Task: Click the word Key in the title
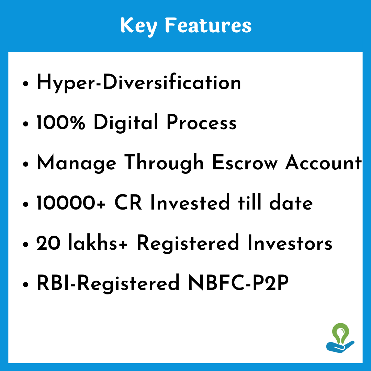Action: (x=139, y=26)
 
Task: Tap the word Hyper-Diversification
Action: (x=139, y=82)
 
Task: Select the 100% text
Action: (x=60, y=122)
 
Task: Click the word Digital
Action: (x=126, y=123)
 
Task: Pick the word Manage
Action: (x=76, y=164)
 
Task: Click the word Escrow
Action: (x=245, y=162)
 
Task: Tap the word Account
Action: (x=324, y=162)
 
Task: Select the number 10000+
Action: (x=71, y=203)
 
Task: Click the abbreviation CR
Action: (x=128, y=203)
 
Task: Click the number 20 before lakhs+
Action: (x=48, y=243)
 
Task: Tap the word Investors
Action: (x=290, y=243)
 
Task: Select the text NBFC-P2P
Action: (x=238, y=282)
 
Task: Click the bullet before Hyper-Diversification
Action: (x=25, y=84)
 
